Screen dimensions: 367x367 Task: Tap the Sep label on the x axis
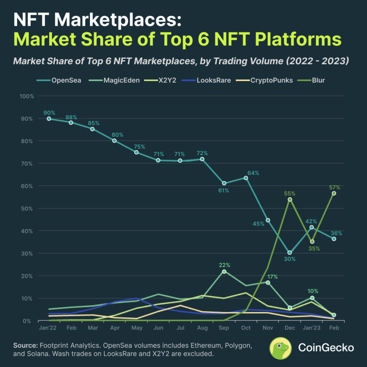pyautogui.click(x=224, y=328)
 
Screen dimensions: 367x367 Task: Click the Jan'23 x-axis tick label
pyautogui.click(x=312, y=328)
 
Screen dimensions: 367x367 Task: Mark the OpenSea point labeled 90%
pyautogui.click(x=49, y=119)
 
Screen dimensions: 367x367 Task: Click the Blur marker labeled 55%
pyautogui.click(x=290, y=199)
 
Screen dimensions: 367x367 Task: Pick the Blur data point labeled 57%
pyautogui.click(x=334, y=193)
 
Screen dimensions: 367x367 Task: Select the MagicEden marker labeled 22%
pyautogui.click(x=224, y=272)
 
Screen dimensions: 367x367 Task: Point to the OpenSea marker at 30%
pyautogui.click(x=290, y=253)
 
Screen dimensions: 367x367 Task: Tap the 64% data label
pyautogui.click(x=253, y=173)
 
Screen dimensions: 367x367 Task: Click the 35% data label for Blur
pyautogui.click(x=314, y=248)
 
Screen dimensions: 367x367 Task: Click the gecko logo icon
pyautogui.click(x=281, y=348)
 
